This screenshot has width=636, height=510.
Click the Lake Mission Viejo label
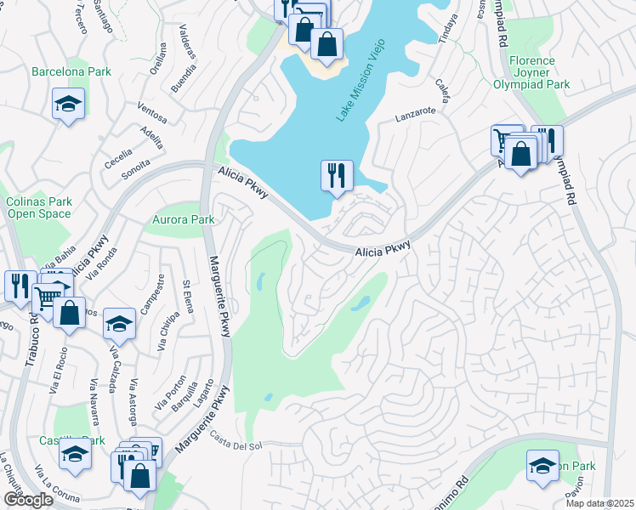[361, 79]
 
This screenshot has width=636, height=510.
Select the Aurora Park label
[183, 219]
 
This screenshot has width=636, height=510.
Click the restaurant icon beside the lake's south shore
[337, 176]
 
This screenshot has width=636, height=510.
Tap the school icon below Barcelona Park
[67, 105]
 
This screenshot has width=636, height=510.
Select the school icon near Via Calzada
[119, 324]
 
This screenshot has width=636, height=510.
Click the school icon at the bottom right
[542, 466]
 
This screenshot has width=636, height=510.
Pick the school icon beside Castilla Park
[75, 456]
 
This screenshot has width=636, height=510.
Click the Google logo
[28, 500]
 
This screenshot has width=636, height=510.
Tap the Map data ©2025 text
[599, 503]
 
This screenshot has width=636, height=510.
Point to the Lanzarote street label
[415, 111]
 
